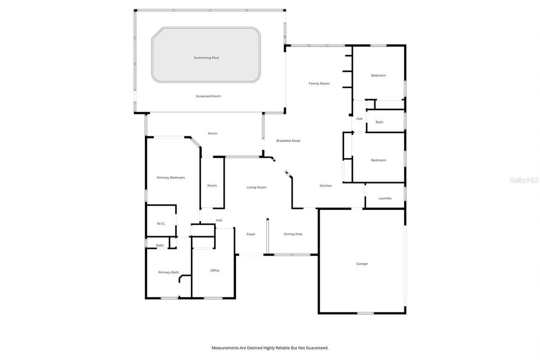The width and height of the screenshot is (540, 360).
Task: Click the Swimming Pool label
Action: (206, 58)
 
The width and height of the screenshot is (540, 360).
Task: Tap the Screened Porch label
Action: (208, 96)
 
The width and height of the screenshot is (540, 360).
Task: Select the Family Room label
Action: (319, 84)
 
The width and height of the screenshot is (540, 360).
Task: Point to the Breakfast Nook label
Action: (288, 141)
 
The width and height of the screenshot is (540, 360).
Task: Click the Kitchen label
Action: (325, 186)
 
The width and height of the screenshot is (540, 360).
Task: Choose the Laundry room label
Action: (385, 198)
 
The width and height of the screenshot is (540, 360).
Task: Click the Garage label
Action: (362, 264)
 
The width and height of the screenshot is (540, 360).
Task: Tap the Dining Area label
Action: (293, 234)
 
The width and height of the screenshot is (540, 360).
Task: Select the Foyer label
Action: (251, 234)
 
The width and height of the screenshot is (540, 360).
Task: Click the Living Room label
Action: (256, 187)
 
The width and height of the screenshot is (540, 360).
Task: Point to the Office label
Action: (215, 271)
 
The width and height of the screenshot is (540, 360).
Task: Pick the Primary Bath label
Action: (168, 273)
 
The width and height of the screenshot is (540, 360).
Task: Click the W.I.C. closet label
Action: (161, 224)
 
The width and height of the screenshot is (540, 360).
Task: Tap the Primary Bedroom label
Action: (171, 178)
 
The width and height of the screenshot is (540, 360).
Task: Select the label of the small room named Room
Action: (212, 186)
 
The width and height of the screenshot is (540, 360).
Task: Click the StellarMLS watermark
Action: (524, 180)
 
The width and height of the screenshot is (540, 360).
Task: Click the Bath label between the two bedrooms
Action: (379, 122)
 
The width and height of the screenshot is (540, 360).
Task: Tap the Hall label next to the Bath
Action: (359, 119)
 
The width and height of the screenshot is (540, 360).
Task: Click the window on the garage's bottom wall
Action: (365, 313)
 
